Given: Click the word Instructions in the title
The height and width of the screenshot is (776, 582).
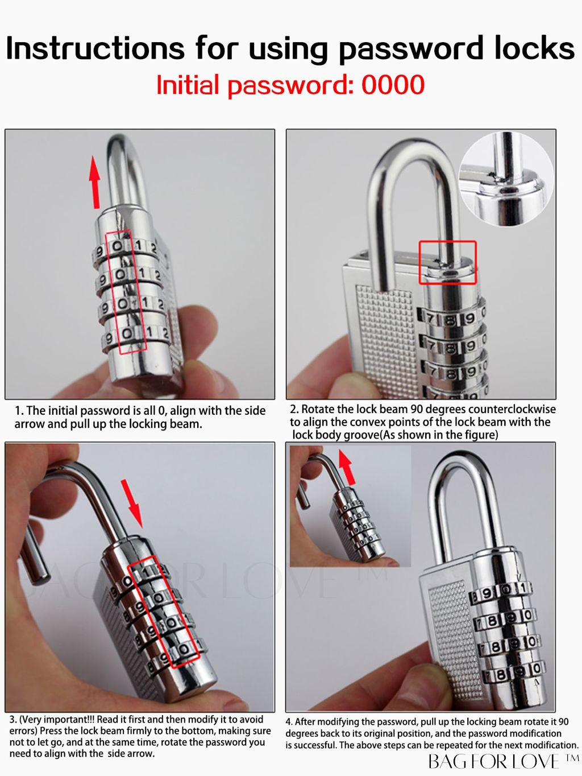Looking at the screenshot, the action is (x=95, y=48).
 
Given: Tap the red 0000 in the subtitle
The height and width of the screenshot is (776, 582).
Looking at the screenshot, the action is (x=393, y=85).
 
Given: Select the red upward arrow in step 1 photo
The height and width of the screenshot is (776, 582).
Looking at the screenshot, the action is (x=95, y=181).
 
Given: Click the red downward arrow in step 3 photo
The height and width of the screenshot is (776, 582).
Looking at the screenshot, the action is (x=132, y=503).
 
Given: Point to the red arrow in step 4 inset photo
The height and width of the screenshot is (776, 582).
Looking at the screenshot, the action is (x=347, y=467).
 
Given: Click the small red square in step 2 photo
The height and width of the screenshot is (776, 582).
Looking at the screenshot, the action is (x=447, y=262).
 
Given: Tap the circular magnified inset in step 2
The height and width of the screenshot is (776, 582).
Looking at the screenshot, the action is (x=506, y=180).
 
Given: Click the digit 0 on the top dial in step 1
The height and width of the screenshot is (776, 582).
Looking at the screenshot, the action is (x=118, y=246).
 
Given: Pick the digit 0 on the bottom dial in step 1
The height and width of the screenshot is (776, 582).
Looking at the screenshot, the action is (x=127, y=333).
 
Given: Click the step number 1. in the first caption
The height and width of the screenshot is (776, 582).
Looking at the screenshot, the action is (x=19, y=411).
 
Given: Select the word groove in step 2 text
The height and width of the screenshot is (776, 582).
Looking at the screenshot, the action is (x=361, y=435).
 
